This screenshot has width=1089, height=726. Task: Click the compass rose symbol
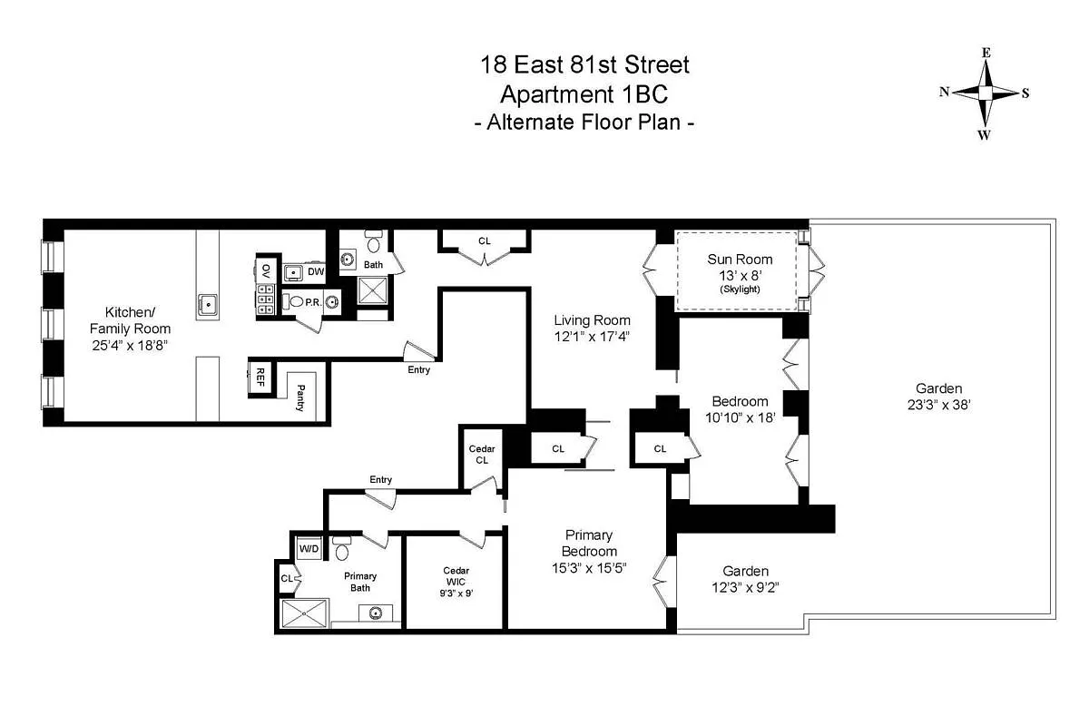click(985, 93)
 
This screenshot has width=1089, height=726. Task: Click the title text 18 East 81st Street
click(584, 65)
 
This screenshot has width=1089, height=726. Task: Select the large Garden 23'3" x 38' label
click(938, 396)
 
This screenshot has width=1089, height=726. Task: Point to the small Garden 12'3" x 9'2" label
click(745, 579)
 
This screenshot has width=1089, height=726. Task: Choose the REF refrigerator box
click(260, 379)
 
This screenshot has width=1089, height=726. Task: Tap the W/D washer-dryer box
click(309, 549)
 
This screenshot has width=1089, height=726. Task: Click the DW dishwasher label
click(315, 271)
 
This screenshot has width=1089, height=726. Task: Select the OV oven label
click(266, 270)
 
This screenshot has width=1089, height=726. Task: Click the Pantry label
click(300, 397)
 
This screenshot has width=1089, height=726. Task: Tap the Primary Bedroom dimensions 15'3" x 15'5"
click(589, 568)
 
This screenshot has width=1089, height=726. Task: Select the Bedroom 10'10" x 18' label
click(740, 410)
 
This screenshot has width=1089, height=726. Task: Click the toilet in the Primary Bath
click(342, 549)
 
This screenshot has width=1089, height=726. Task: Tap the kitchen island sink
click(208, 304)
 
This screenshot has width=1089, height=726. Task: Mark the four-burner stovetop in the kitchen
click(266, 299)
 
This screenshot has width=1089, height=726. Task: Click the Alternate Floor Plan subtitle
click(584, 123)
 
